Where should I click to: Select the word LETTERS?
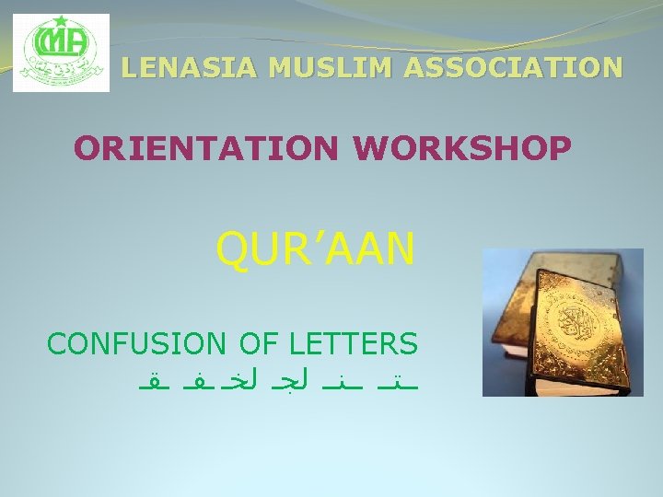click(354, 344)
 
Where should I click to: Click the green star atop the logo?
click(62, 21)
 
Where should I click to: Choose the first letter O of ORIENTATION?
click(86, 147)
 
